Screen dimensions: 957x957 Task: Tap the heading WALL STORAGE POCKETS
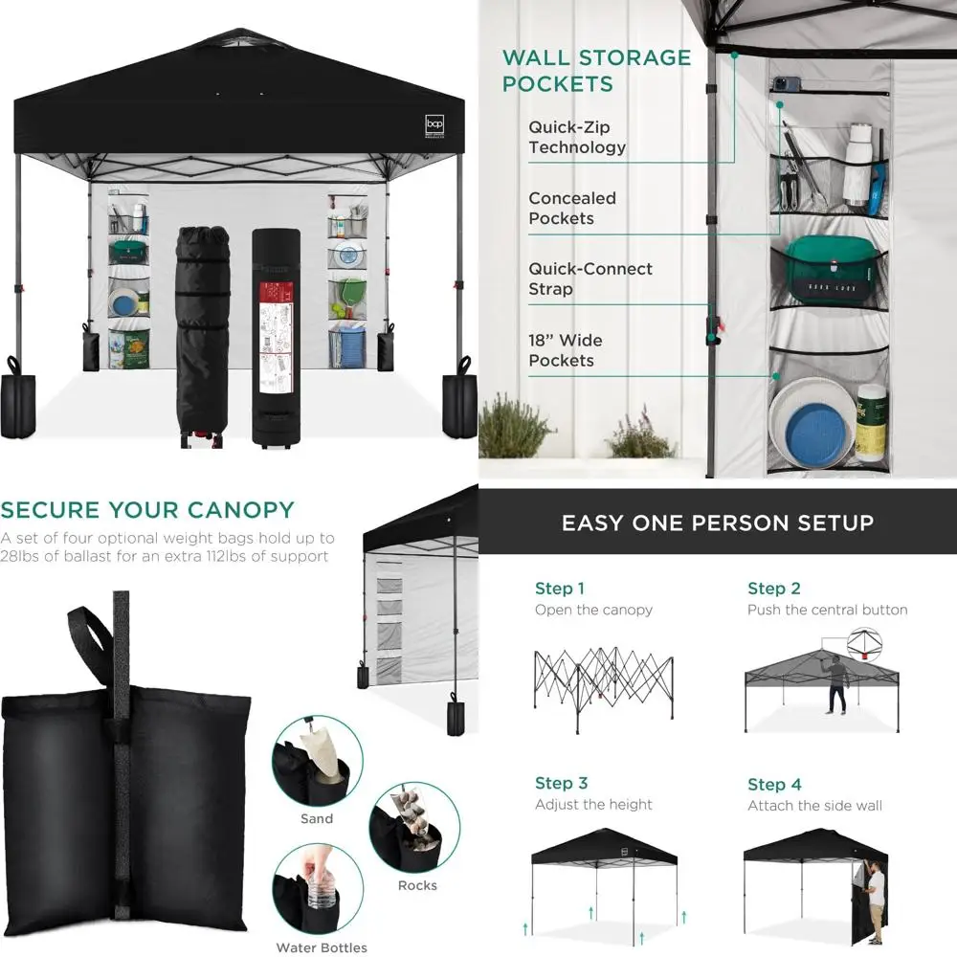[x=596, y=70]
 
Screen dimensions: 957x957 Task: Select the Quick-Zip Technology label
[x=577, y=137]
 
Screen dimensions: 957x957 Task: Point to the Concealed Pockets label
[x=572, y=208]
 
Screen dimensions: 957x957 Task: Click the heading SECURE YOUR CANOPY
[x=147, y=509]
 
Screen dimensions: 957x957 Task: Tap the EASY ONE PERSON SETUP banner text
[x=717, y=523]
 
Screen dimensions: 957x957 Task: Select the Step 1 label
[x=560, y=589]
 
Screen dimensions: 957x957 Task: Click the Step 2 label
[x=773, y=589]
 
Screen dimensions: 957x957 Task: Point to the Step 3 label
[x=562, y=784]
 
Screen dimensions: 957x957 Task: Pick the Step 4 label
[x=774, y=785]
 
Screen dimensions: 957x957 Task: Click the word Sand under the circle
[x=317, y=818]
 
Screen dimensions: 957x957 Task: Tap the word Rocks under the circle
[x=417, y=885]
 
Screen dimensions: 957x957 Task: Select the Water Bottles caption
[x=322, y=947]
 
